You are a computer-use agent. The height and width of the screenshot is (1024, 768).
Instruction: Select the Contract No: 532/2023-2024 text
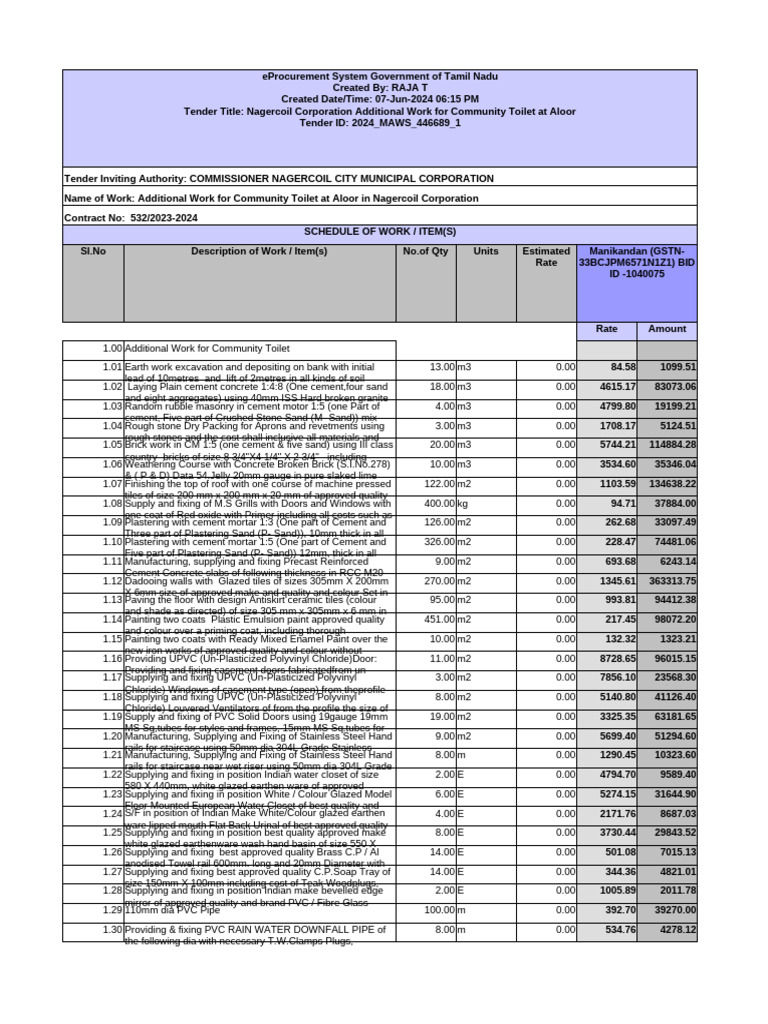click(131, 217)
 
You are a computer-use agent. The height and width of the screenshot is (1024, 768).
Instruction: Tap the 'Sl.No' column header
click(93, 251)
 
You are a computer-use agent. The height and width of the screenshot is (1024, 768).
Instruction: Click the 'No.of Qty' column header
click(426, 251)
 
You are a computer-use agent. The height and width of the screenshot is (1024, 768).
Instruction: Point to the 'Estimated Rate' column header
click(546, 257)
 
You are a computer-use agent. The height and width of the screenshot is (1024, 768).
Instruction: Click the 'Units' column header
click(486, 251)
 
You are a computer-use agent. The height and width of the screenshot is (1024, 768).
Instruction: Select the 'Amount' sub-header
click(667, 329)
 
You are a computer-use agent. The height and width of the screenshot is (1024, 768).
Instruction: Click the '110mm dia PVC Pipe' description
click(172, 911)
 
